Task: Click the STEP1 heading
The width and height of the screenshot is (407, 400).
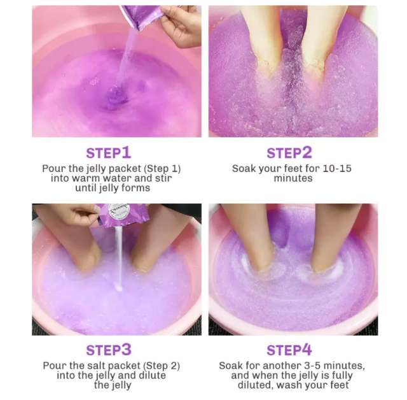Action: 109,153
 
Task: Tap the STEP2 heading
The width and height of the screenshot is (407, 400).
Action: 289,153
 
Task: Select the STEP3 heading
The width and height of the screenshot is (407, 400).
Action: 109,350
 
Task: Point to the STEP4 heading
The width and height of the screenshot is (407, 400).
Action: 289,350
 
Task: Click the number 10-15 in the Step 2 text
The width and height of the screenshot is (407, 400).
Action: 336,168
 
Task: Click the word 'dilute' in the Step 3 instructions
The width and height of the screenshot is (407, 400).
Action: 153,375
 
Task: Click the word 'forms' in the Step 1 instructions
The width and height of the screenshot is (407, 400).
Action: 137,188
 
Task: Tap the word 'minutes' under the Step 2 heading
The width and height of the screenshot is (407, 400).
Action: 293,178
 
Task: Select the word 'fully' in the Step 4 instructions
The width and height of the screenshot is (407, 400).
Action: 342,376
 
